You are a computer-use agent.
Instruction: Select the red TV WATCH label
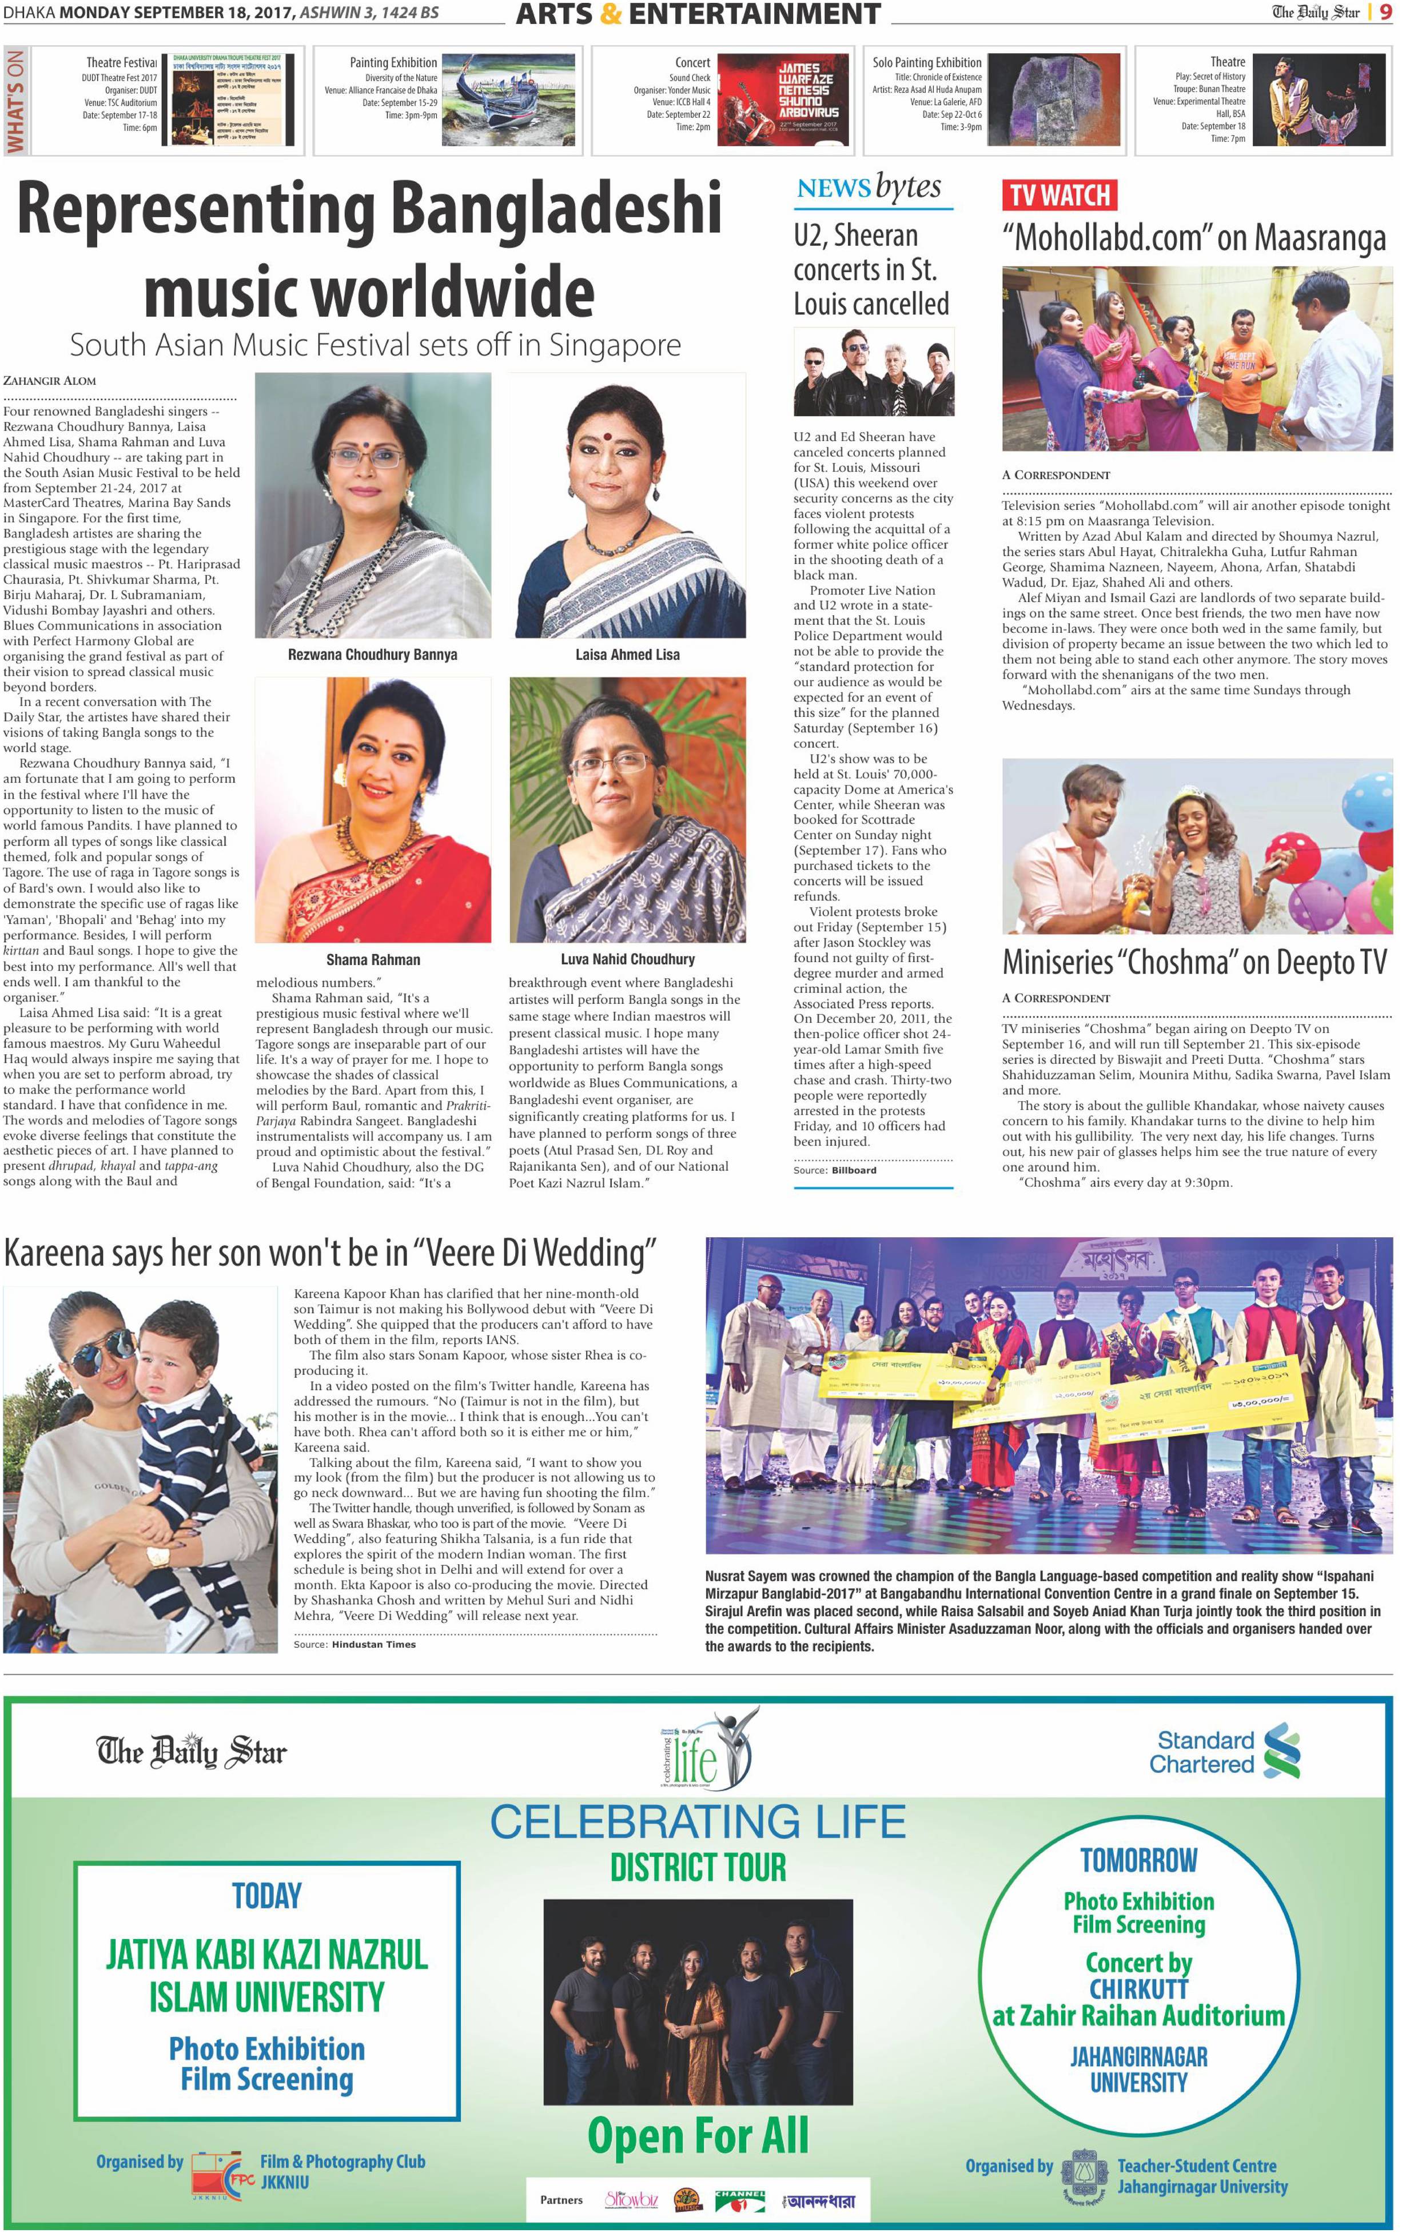[x=1059, y=196]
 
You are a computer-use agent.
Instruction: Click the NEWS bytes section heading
[x=869, y=188]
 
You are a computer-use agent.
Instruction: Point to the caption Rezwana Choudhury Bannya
[x=372, y=655]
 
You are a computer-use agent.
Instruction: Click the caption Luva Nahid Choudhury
[x=627, y=959]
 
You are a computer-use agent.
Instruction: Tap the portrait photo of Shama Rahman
[x=373, y=809]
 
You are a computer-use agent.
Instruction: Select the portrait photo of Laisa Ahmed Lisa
[x=627, y=505]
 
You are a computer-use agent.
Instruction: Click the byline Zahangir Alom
[x=49, y=380]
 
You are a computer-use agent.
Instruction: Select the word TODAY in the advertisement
[x=267, y=1896]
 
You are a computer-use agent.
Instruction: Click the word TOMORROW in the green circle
[x=1138, y=1860]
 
